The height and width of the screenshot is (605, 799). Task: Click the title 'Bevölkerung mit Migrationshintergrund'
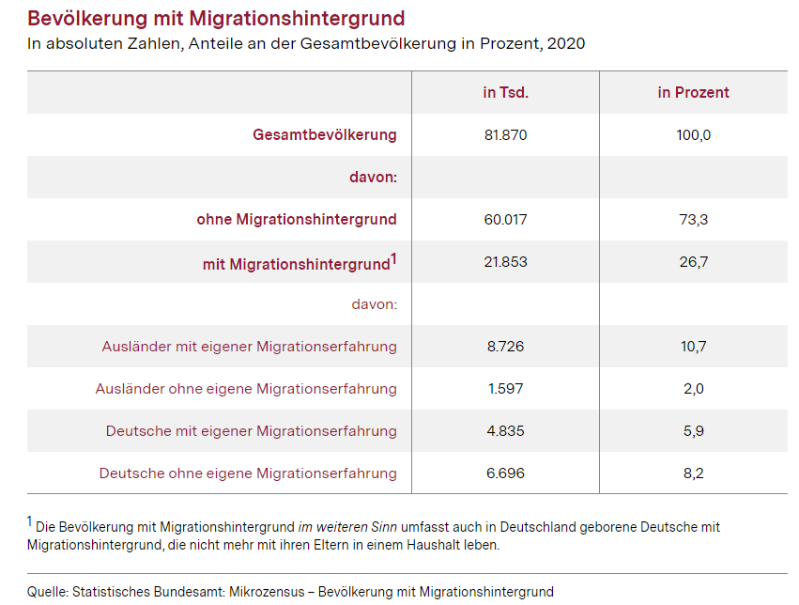click(x=216, y=19)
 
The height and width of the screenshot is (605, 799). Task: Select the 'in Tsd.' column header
click(x=505, y=92)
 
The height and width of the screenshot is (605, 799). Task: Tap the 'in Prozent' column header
click(x=693, y=92)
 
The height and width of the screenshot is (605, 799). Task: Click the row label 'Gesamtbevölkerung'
click(x=325, y=134)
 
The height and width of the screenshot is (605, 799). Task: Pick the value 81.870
click(x=505, y=135)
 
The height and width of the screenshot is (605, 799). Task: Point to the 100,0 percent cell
click(x=693, y=135)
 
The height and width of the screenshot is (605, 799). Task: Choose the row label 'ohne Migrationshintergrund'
click(x=297, y=219)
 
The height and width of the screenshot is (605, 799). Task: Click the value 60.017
click(x=505, y=220)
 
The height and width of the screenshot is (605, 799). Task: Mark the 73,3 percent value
click(x=694, y=220)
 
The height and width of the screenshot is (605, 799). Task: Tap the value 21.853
click(x=505, y=262)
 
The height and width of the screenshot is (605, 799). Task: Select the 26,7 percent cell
click(x=694, y=262)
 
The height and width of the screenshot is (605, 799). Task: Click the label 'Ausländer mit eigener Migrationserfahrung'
click(x=249, y=347)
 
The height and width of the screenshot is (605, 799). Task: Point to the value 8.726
click(x=505, y=347)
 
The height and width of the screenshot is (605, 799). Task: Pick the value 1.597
click(x=505, y=389)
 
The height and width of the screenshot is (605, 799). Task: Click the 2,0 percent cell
click(x=694, y=389)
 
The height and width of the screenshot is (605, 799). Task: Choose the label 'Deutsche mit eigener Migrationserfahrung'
click(x=252, y=431)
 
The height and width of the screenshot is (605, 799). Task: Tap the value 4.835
click(x=505, y=431)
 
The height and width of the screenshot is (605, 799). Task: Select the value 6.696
click(x=505, y=473)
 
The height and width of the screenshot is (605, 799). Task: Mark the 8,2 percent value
click(x=694, y=473)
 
